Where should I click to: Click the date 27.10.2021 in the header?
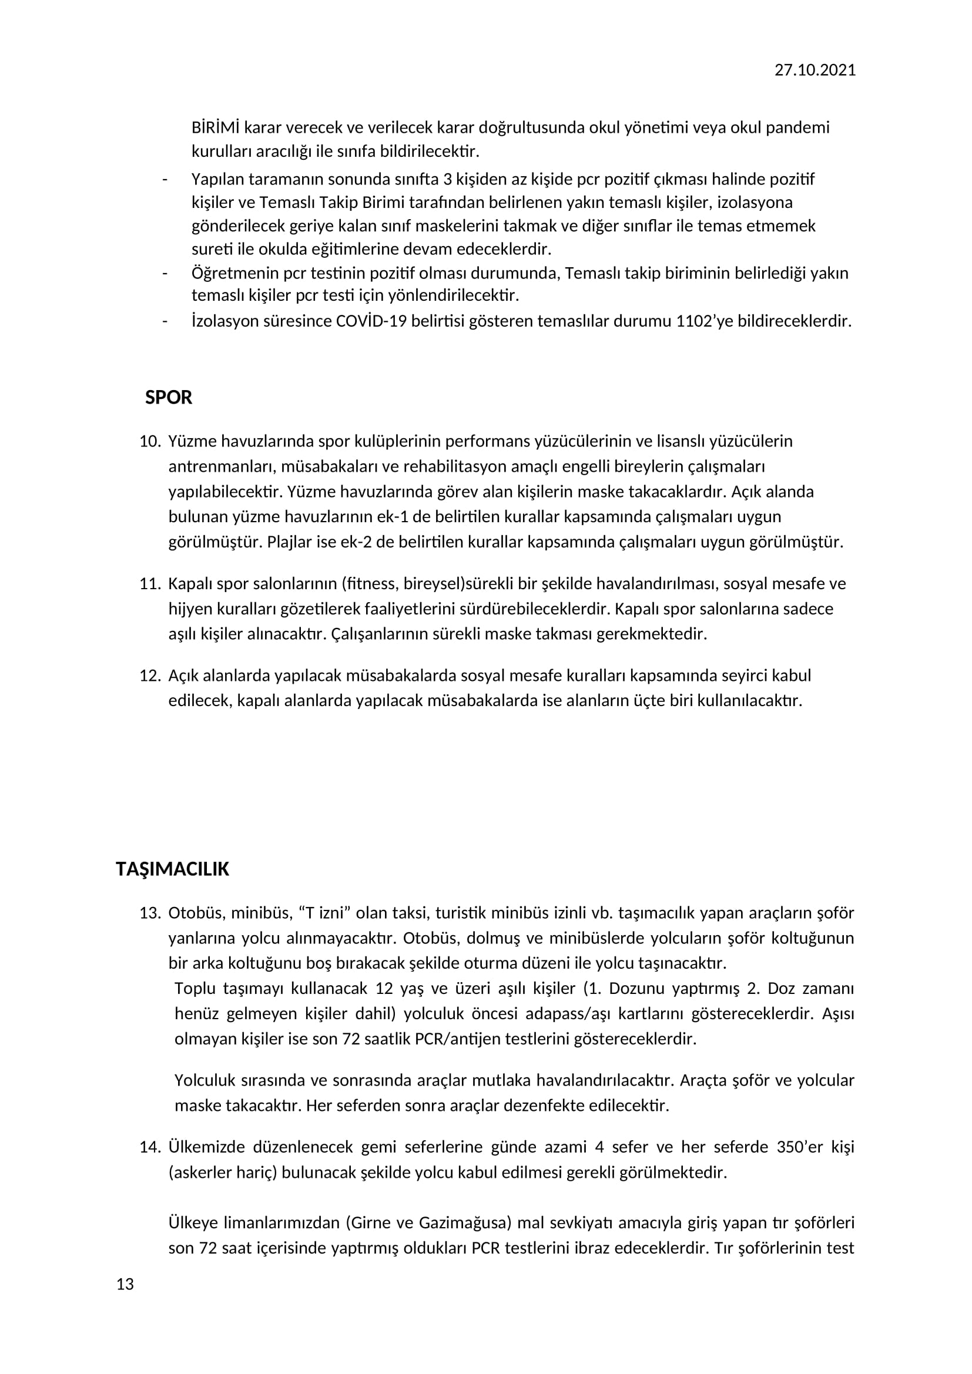815,70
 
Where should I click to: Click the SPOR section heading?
169,398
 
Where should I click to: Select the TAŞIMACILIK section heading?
172,869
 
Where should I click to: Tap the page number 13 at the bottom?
125,1284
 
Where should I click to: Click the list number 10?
150,442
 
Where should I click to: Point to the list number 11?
150,584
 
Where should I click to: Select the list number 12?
150,676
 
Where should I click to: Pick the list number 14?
150,1147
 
